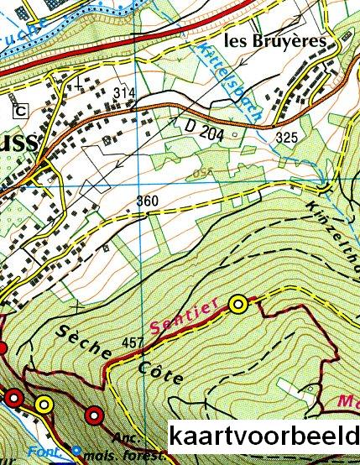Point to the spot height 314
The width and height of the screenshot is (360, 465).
tap(124, 91)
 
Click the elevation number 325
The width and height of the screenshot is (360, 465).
tap(285, 136)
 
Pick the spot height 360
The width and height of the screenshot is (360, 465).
tap(146, 201)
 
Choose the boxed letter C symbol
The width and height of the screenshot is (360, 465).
tap(18, 110)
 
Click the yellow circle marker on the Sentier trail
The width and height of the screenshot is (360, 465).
tap(240, 304)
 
